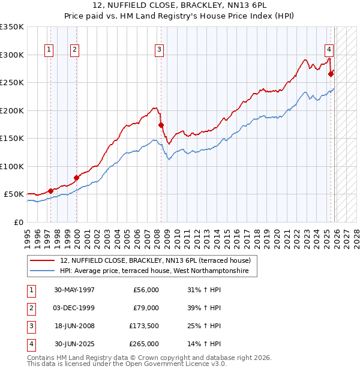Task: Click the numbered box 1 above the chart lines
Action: point(48,50)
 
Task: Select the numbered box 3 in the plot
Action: point(159,50)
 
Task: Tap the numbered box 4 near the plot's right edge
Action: point(329,50)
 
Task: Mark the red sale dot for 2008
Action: point(161,125)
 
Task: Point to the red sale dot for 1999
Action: point(76,178)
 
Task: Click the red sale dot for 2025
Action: point(331,74)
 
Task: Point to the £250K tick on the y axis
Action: point(12,83)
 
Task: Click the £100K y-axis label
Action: point(12,166)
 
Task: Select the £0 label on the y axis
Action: point(18,222)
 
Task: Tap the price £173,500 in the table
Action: point(144,326)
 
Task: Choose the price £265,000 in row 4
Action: point(144,344)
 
